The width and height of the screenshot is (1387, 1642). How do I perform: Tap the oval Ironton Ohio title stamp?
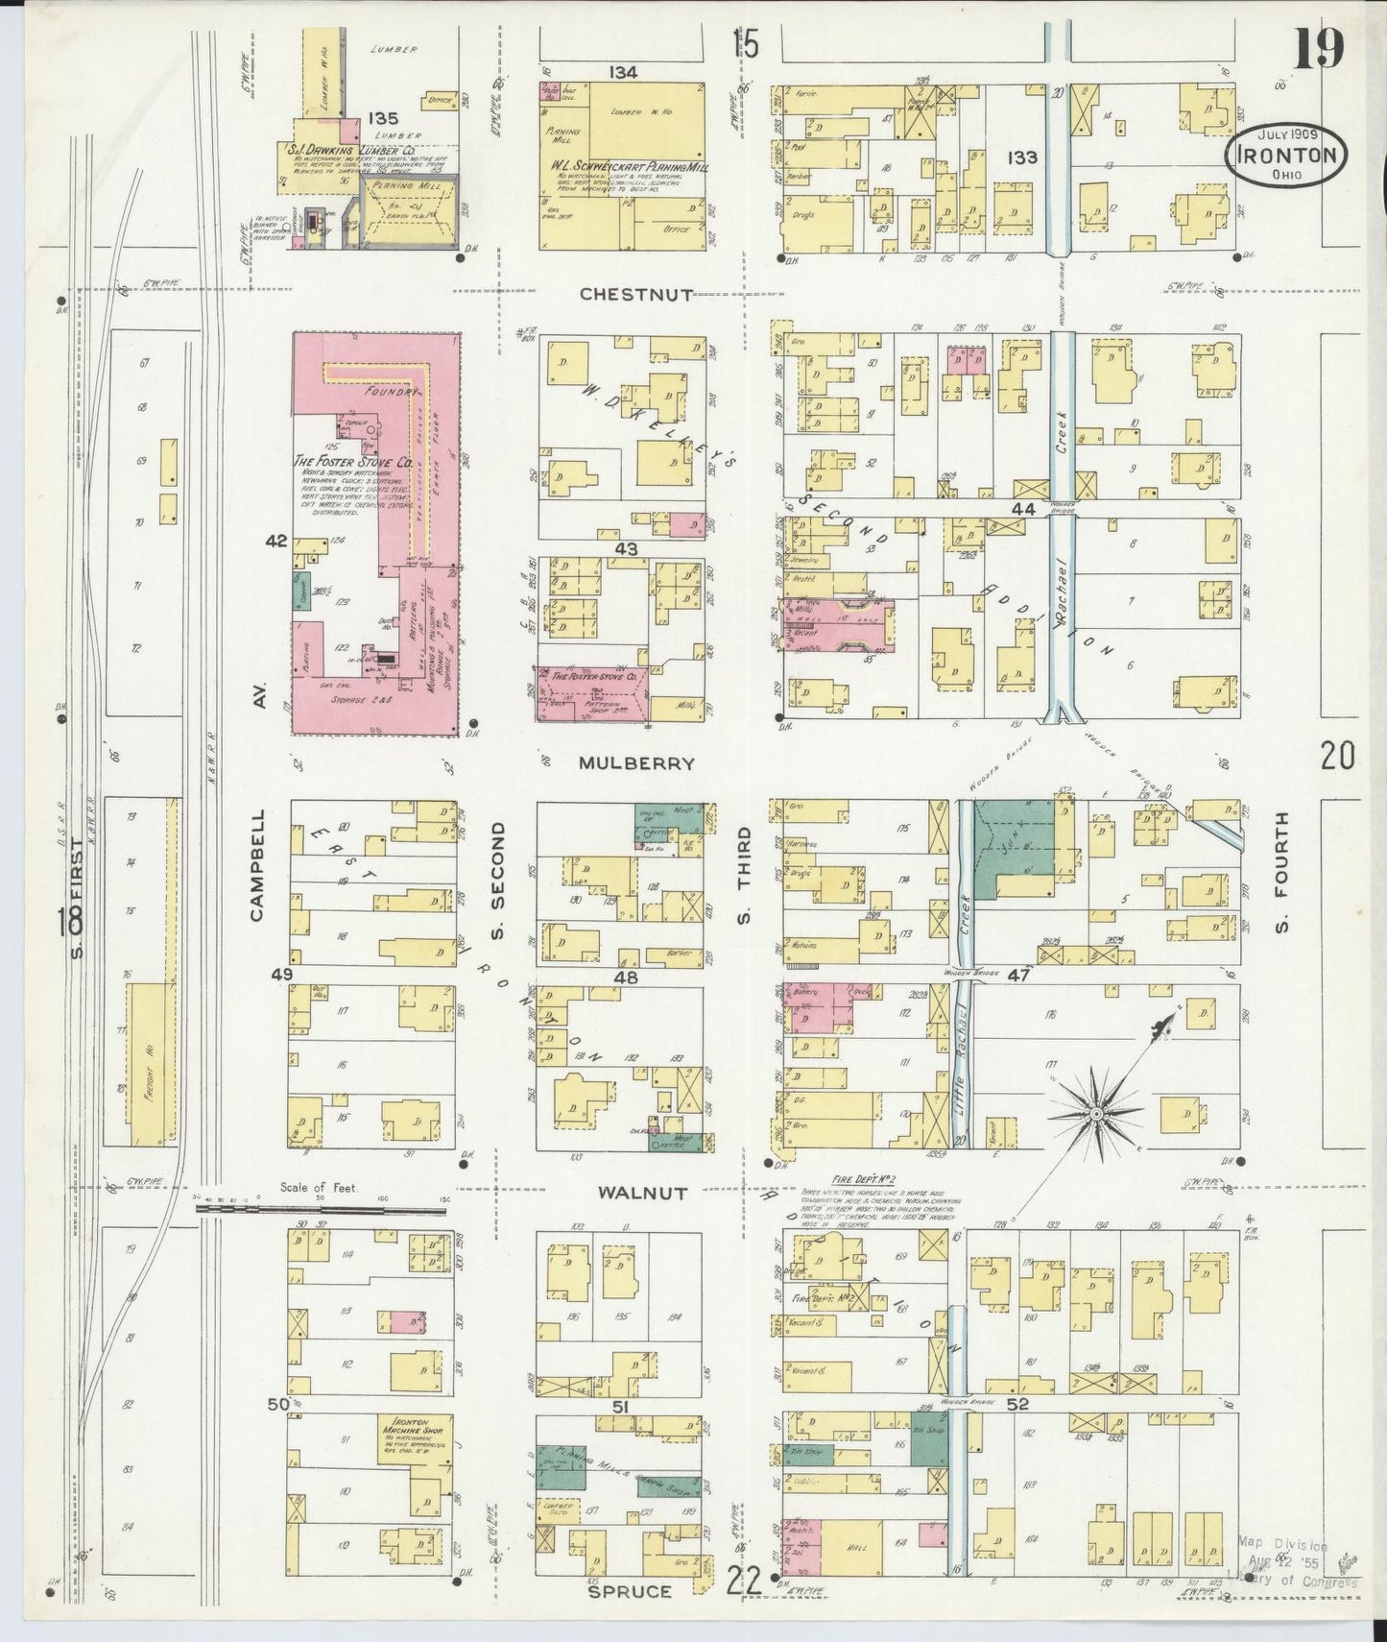(1285, 157)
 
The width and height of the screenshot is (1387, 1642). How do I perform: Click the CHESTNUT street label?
(636, 295)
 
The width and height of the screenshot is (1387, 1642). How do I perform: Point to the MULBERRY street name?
(636, 763)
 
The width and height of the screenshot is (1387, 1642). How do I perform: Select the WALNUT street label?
(642, 1194)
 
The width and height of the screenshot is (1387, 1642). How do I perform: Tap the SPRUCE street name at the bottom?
(631, 1591)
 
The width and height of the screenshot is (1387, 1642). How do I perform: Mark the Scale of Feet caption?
(319, 1188)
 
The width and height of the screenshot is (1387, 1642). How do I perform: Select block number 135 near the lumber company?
(382, 119)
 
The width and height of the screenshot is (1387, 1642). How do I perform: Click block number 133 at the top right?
(1022, 157)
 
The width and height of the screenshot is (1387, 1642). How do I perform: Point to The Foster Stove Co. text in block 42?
(352, 462)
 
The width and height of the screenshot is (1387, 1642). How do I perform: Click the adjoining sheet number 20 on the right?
(1337, 758)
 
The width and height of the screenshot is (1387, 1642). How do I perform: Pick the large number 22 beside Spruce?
(744, 1579)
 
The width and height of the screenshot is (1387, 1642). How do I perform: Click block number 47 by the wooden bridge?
(1017, 974)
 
